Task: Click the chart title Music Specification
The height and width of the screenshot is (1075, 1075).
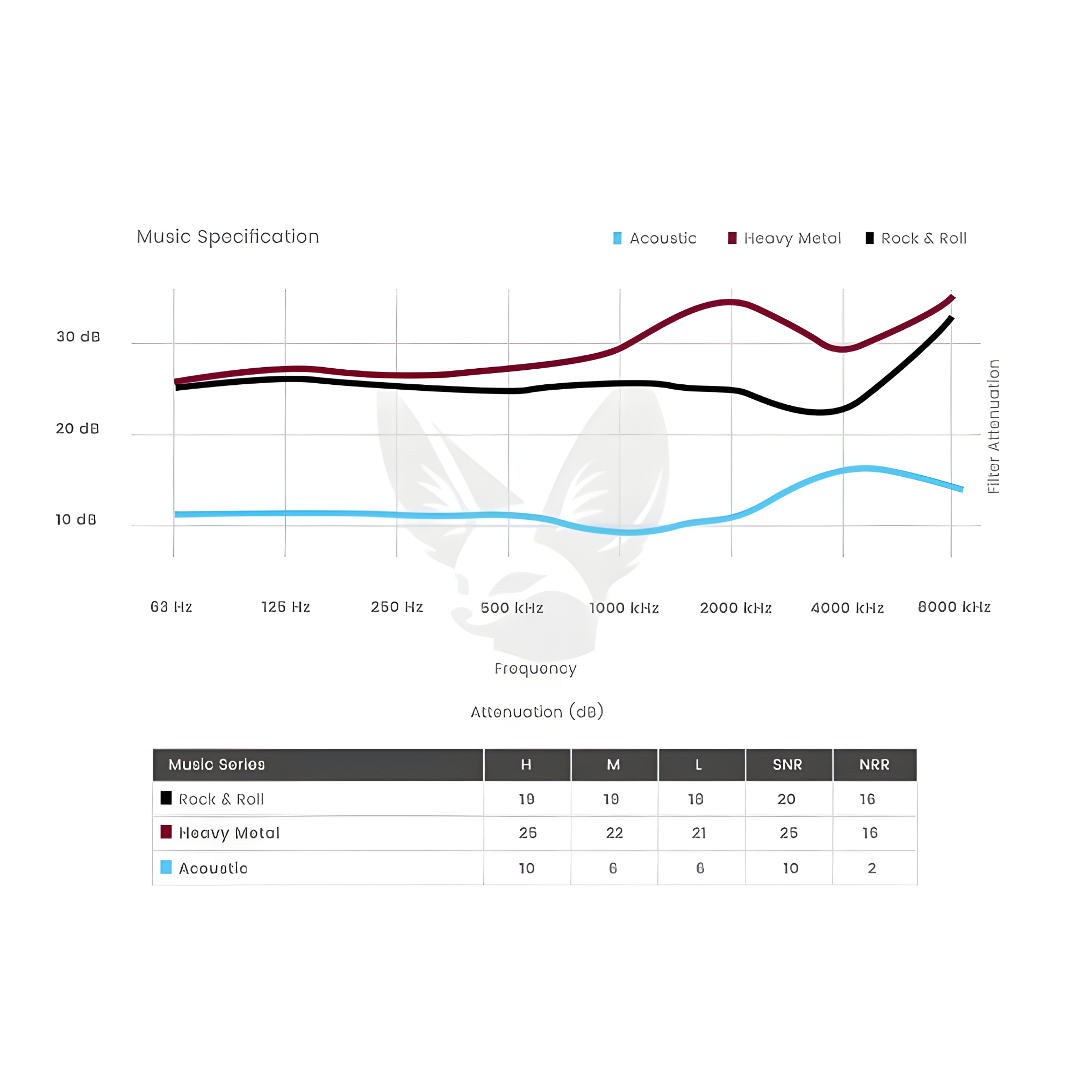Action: coord(228,237)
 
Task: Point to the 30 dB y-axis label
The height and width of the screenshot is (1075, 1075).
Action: coord(78,336)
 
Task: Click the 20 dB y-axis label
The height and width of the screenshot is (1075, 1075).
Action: coord(77,428)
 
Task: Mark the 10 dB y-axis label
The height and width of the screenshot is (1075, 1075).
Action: coord(76,520)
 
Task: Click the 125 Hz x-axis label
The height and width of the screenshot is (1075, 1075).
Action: coord(285,607)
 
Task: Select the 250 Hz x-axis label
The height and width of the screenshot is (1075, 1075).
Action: coord(397,607)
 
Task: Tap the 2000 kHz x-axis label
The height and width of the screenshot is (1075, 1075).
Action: coord(736,608)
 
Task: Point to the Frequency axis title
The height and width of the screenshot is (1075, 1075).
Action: coord(535,668)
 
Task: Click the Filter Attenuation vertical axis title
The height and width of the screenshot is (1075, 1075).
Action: coord(993,426)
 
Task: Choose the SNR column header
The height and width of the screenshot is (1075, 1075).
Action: coord(787,764)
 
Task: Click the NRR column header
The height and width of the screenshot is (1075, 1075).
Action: coord(874,764)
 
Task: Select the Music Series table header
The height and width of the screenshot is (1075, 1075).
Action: coord(217,764)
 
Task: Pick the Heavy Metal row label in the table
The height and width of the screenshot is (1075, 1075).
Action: coord(228,833)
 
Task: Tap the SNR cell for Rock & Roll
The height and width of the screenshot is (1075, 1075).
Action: coord(786,800)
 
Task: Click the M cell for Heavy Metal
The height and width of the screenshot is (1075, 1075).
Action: coord(614,833)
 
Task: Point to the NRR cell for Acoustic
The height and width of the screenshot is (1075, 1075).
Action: coord(872,868)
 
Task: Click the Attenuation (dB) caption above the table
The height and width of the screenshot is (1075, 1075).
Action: coord(537,712)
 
